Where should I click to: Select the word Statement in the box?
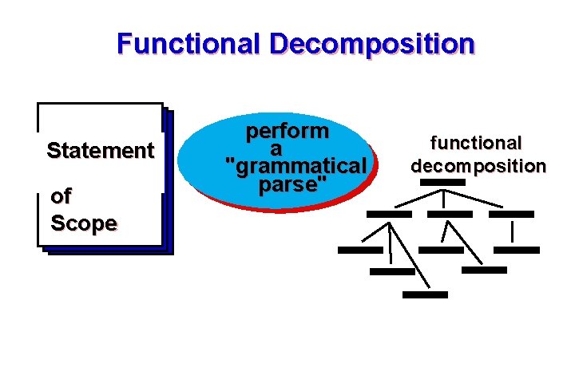(x=101, y=150)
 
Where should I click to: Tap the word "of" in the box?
(x=60, y=195)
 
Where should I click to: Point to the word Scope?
(x=84, y=223)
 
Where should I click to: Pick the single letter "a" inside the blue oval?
(x=276, y=149)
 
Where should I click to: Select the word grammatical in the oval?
(x=296, y=167)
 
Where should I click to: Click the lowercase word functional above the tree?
(x=476, y=144)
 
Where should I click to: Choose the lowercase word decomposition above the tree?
(x=478, y=166)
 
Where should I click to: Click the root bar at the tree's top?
(x=442, y=182)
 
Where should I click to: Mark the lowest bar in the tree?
(x=425, y=294)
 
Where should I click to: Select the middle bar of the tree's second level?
(x=450, y=214)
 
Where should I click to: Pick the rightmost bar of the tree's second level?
(x=511, y=214)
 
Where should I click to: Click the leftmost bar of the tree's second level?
(x=389, y=214)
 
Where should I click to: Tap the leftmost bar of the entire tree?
(x=360, y=250)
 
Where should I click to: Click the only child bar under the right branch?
(x=517, y=250)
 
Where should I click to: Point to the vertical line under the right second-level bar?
(x=511, y=231)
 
